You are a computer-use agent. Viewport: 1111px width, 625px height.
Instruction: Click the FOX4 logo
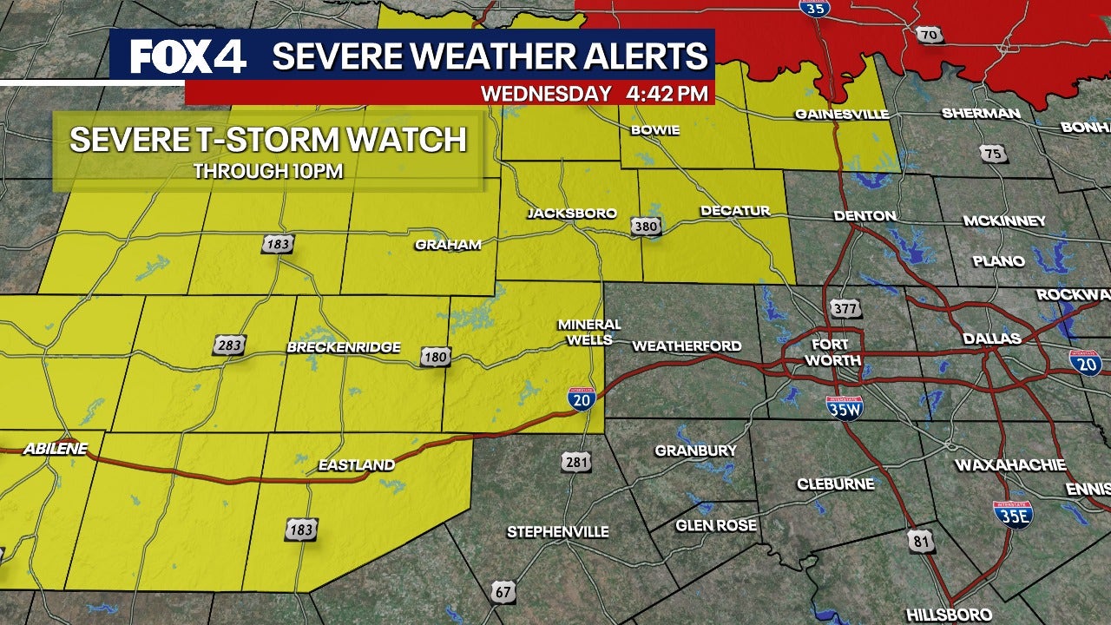[x=187, y=57]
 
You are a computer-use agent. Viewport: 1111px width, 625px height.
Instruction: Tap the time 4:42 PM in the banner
[x=666, y=93]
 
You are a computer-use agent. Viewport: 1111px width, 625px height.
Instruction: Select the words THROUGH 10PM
[x=268, y=171]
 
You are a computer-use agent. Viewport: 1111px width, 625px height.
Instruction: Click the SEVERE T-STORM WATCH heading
[x=268, y=140]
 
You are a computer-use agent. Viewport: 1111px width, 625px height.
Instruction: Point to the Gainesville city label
[x=842, y=115]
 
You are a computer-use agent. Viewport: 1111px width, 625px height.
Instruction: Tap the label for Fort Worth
[x=832, y=352]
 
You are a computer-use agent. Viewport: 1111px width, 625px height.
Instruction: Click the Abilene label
[x=56, y=449]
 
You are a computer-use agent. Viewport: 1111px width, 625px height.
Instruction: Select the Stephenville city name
[x=558, y=531]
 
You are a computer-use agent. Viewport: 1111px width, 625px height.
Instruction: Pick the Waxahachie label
[x=1010, y=465]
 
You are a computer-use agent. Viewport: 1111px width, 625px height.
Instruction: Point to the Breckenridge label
[x=344, y=347]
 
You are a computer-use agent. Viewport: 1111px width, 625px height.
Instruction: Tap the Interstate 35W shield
[x=844, y=407]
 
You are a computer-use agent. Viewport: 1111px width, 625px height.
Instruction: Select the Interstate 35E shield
[x=1013, y=515]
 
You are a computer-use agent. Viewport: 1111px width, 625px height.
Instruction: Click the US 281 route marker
[x=576, y=462]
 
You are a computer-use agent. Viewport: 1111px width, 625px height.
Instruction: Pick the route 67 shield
[x=503, y=593]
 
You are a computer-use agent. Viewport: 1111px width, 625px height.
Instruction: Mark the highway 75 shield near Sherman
[x=993, y=155]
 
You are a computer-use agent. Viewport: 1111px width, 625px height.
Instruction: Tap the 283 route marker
[x=229, y=345]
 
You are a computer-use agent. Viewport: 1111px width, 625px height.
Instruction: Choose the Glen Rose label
[x=716, y=525]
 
